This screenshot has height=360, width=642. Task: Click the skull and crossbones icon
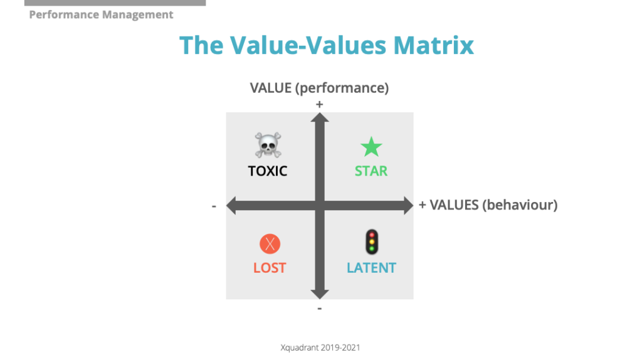(x=268, y=145)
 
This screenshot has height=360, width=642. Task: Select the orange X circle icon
(x=270, y=243)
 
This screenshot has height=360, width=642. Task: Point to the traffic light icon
(x=371, y=242)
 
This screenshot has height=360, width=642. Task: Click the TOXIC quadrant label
(x=268, y=171)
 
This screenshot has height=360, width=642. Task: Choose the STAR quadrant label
(x=371, y=171)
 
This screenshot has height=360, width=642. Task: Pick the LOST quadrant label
(x=270, y=268)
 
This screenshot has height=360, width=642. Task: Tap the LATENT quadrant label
(x=371, y=268)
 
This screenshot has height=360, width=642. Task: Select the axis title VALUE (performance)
(x=319, y=88)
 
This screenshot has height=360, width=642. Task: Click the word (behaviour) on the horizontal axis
(x=520, y=205)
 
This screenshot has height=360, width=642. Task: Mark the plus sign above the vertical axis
(x=320, y=105)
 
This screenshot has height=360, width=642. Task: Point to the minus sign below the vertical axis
(x=320, y=308)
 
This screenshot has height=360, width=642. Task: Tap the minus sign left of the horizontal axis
(x=214, y=206)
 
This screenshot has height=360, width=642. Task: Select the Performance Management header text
(x=101, y=14)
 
